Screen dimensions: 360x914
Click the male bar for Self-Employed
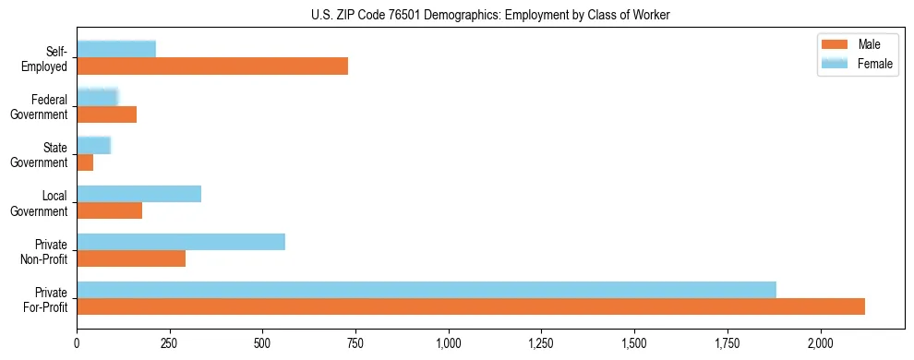click(212, 66)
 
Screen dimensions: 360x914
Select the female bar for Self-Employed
click(116, 49)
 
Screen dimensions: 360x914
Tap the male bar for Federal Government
click(106, 114)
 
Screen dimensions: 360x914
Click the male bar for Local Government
click(109, 210)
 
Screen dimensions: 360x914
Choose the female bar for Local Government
click(138, 194)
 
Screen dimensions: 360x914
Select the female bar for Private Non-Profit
click(181, 242)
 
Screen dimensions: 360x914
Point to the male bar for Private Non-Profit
click(131, 258)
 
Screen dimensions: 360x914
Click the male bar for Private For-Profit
click(471, 306)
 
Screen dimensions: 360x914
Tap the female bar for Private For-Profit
click(427, 290)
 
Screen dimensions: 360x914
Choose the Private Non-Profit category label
click(46, 250)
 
